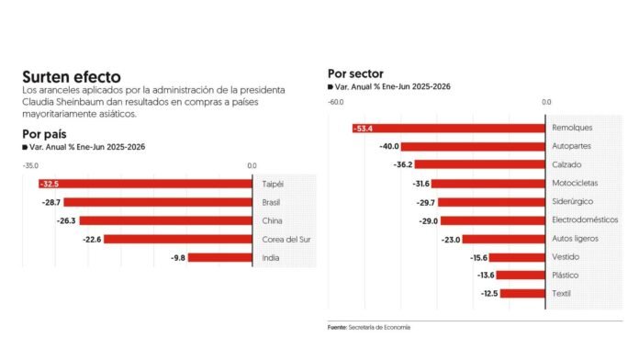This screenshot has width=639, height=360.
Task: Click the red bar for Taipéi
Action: tap(145, 184)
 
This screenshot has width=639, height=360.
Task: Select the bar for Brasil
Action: tap(158, 202)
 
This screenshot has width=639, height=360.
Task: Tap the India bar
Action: tap(220, 258)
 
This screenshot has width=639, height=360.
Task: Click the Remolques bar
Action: tap(449, 129)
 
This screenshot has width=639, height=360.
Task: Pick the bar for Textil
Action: tap(522, 294)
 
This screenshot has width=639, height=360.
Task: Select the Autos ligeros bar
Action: tap(504, 240)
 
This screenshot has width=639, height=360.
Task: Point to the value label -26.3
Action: tap(66, 221)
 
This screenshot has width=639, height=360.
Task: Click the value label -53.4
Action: tap(363, 129)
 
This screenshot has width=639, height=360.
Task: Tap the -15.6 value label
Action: tap(478, 258)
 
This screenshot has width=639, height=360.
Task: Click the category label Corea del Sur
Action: tap(286, 240)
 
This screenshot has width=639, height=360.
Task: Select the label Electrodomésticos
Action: tap(585, 219)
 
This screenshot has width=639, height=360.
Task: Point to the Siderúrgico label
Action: tap(572, 201)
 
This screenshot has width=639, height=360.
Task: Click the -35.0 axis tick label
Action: tap(30, 166)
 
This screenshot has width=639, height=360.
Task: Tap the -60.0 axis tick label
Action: tap(336, 102)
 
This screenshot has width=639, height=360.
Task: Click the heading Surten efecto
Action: tap(72, 76)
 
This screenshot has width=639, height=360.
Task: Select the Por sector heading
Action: tap(356, 73)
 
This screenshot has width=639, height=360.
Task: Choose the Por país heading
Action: tap(44, 134)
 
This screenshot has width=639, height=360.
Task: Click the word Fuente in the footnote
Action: tap(337, 327)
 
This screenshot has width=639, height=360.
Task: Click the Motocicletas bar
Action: tap(488, 184)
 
